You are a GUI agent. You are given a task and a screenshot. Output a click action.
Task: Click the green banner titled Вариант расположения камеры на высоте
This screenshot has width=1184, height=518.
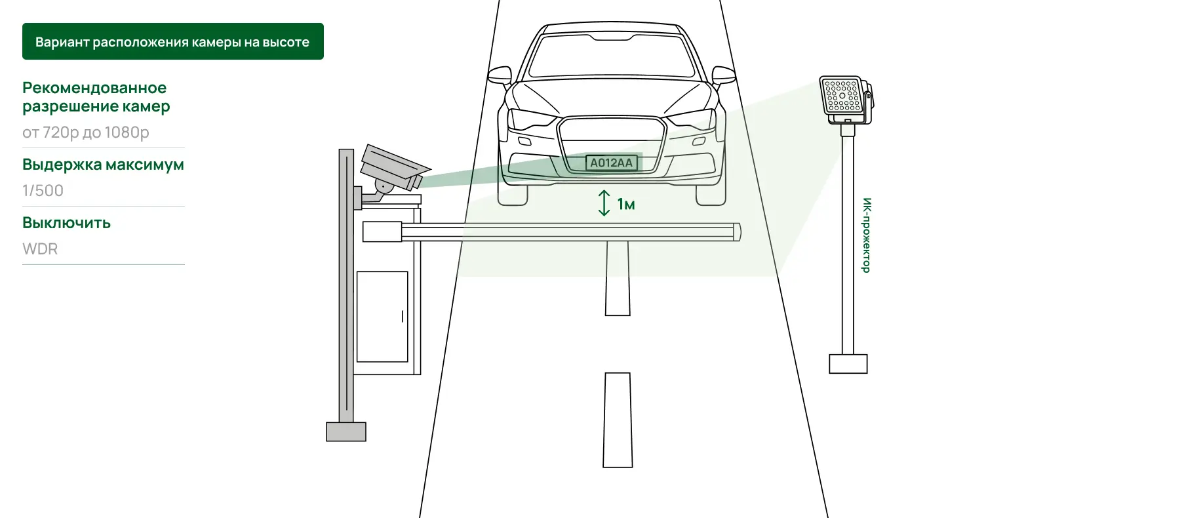[x=173, y=41]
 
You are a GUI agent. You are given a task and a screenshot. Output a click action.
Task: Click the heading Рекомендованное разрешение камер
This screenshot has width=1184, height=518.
[x=96, y=97]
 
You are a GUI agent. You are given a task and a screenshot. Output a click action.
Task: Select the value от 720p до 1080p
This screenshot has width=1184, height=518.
[x=86, y=132]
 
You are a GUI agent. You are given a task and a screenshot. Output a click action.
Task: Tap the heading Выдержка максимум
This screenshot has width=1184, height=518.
[x=103, y=165]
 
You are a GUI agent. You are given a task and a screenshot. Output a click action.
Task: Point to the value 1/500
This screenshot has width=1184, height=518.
[x=43, y=191]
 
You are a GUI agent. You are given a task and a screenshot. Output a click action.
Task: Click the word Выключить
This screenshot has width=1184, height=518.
[x=66, y=223]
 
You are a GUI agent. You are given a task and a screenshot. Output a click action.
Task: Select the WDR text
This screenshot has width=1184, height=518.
[x=40, y=249]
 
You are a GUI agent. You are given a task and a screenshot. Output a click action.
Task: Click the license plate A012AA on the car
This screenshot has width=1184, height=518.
[x=611, y=163]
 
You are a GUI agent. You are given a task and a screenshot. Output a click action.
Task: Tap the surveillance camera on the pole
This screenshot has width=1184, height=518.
[x=392, y=169]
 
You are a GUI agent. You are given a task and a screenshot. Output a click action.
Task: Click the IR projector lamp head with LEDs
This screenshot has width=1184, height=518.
[x=846, y=99]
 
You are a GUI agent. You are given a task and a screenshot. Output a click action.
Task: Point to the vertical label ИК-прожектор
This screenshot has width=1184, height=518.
[x=867, y=235]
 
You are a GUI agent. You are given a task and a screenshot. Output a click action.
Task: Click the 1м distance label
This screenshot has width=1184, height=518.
[x=626, y=205]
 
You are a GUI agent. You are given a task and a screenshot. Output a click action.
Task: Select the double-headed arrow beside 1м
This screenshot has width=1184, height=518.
[x=604, y=203]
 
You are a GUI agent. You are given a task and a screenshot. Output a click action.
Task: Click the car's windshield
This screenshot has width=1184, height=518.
[x=611, y=56]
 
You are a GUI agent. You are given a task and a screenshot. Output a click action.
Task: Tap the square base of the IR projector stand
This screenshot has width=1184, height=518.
[x=848, y=364]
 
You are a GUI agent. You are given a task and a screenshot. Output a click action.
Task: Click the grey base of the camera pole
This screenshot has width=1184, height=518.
[x=346, y=431]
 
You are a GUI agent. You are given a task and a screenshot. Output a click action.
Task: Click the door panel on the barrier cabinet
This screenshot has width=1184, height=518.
[x=382, y=317]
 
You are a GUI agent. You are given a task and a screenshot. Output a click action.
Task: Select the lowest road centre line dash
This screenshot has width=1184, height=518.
[x=618, y=420]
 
